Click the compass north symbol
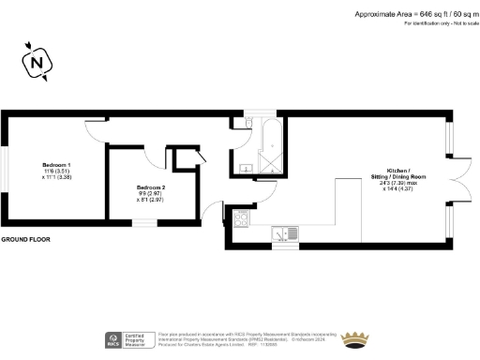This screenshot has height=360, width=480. coord(37,63)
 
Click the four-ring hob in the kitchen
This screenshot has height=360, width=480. coord(239,219)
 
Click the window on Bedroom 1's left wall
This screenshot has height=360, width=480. coord(3,170)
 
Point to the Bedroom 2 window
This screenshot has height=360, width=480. coord(142,223)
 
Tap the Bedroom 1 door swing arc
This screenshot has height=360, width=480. coord(96,132)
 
